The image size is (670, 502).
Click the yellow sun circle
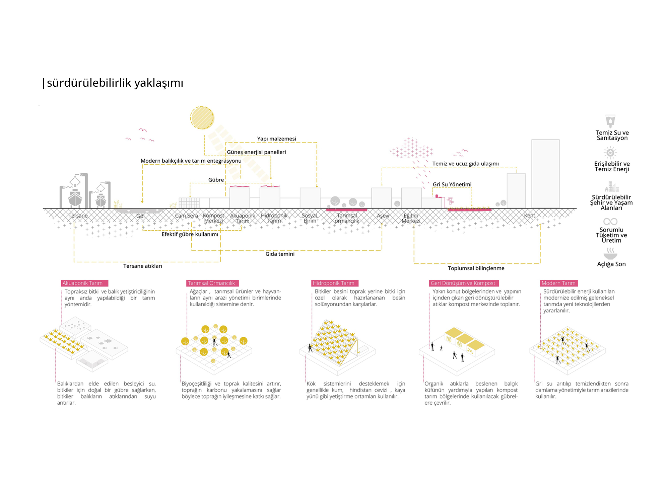[x=202, y=118]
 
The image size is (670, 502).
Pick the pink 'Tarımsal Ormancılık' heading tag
[x=211, y=283]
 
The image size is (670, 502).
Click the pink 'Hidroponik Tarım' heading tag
[x=334, y=283]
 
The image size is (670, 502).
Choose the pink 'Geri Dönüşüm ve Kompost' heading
[x=463, y=283]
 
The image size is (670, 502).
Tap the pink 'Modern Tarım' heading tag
[x=558, y=283]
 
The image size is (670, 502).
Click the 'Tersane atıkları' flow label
[x=143, y=266]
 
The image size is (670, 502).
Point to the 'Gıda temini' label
[x=280, y=254]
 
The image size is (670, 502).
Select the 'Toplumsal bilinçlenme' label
[x=476, y=268]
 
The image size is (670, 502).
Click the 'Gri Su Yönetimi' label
[x=452, y=184]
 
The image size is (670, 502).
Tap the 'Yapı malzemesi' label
[x=276, y=139]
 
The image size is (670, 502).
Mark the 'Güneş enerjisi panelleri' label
[x=256, y=152]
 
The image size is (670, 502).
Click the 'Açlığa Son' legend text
[x=611, y=264]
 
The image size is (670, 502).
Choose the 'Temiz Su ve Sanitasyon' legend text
[x=612, y=135]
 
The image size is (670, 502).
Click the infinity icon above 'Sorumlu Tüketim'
[x=610, y=222]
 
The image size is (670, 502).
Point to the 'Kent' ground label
[x=529, y=216]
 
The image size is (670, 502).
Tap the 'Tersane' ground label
[x=78, y=216]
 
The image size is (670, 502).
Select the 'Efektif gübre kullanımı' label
[x=190, y=234]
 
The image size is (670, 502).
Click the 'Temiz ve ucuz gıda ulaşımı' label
[x=465, y=164]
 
